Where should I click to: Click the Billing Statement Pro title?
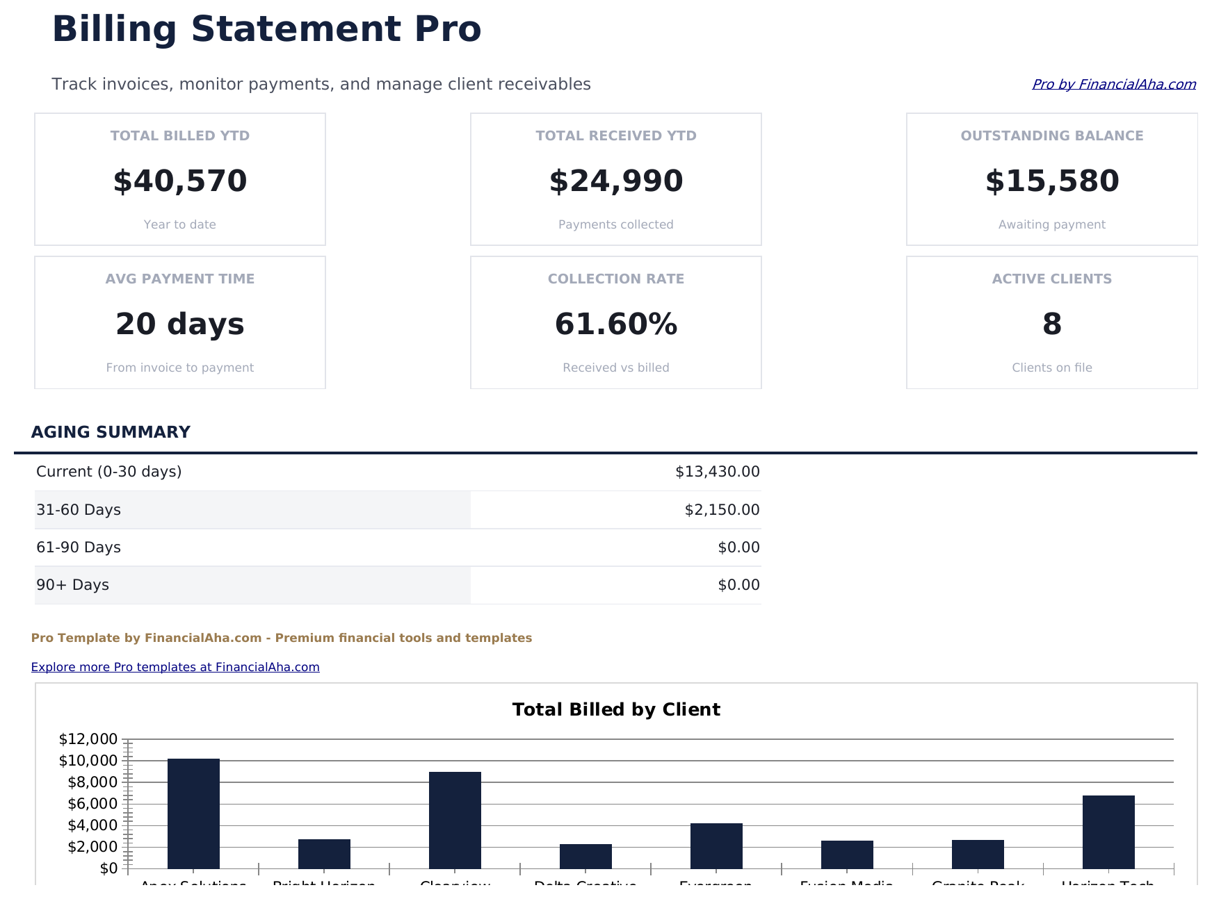click(x=266, y=30)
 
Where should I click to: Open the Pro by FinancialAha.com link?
click(x=1113, y=84)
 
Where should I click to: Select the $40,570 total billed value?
click(x=180, y=181)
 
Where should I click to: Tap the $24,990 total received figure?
click(x=616, y=181)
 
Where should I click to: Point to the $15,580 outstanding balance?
click(x=1051, y=181)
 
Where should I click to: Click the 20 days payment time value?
click(x=180, y=324)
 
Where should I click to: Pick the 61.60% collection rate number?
click(x=616, y=324)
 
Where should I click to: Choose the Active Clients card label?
click(x=1051, y=279)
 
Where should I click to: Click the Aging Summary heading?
click(x=111, y=432)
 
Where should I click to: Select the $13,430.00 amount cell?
click(x=717, y=472)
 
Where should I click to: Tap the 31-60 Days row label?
click(x=79, y=510)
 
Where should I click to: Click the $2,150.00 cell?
click(x=722, y=510)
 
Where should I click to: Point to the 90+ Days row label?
click(x=72, y=585)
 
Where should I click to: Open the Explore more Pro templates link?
click(x=175, y=667)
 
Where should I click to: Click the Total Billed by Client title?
click(x=616, y=709)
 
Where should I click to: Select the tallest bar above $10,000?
click(x=193, y=813)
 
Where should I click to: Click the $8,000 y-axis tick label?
click(x=92, y=782)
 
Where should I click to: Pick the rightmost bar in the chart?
click(x=1108, y=832)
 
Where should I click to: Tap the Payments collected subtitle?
click(x=616, y=224)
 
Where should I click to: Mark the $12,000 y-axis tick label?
click(x=88, y=739)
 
